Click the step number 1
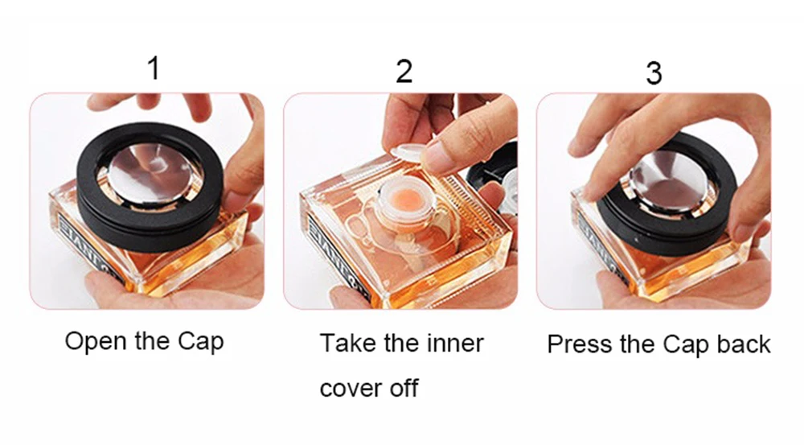click(x=154, y=68)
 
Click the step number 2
click(x=404, y=72)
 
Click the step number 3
click(x=654, y=73)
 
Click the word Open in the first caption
click(x=97, y=342)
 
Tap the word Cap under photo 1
click(x=201, y=342)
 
